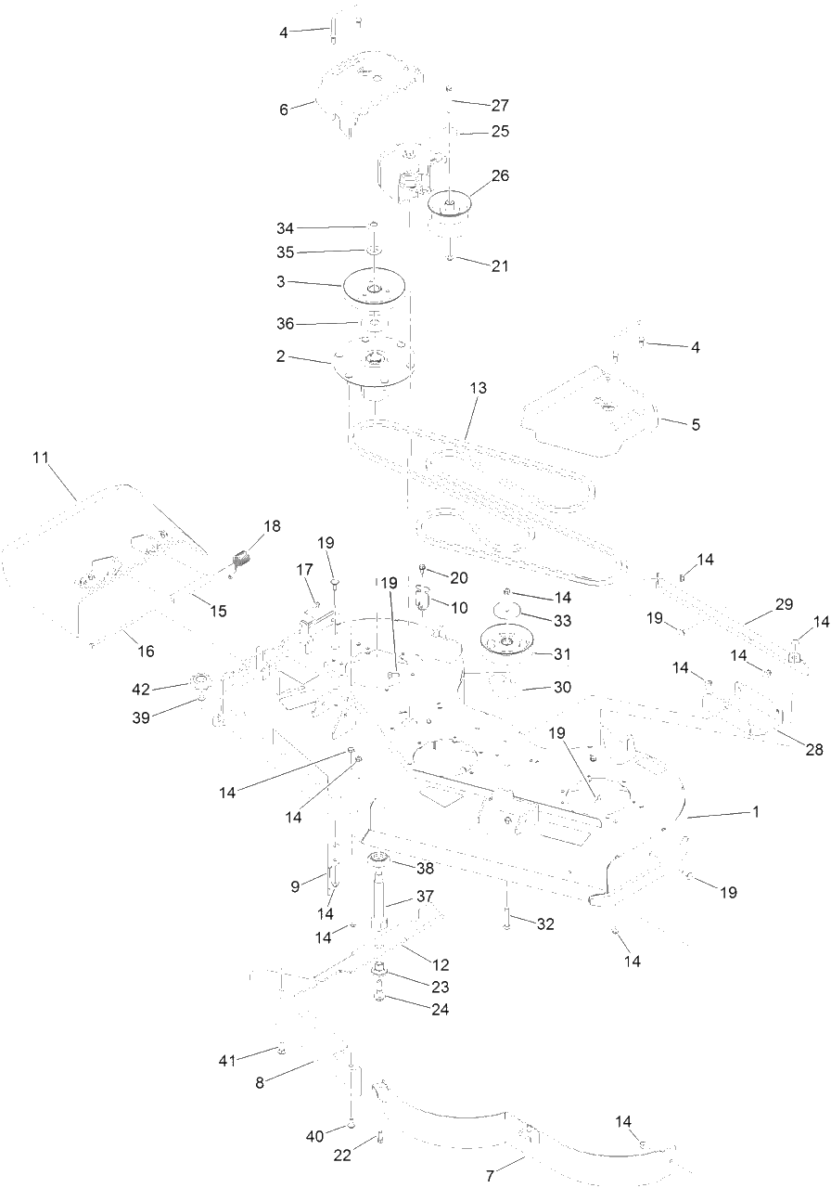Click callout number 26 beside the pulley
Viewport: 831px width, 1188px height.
coord(500,175)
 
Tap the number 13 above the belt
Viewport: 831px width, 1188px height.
coord(478,388)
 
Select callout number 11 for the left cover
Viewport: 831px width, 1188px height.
coord(40,458)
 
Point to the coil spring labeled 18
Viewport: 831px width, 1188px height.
coord(241,560)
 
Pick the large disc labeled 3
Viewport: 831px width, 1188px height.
coord(374,287)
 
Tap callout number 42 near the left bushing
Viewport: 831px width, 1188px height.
coord(141,689)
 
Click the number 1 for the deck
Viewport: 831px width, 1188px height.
coord(756,812)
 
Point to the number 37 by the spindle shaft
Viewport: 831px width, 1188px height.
coord(425,897)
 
